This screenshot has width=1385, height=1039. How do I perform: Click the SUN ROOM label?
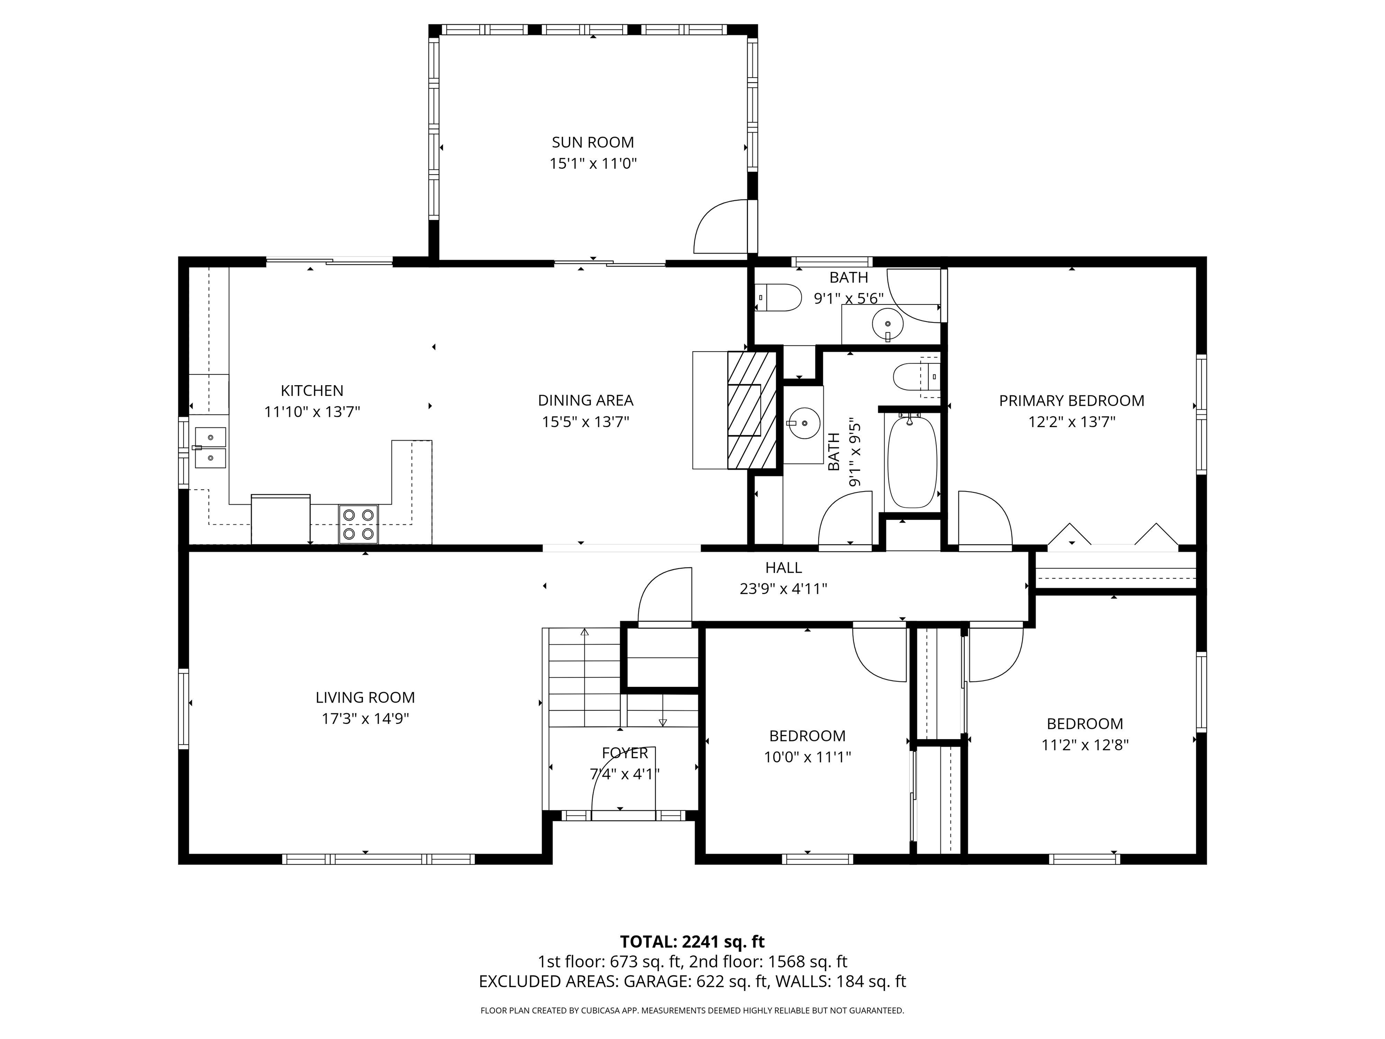592,142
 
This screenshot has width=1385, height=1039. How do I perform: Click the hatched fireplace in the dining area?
752,410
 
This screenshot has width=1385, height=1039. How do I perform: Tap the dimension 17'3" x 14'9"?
366,718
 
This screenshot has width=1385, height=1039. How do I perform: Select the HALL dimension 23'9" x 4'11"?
783,588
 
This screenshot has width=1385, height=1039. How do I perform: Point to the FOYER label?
625,753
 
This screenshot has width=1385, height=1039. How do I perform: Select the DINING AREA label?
586,400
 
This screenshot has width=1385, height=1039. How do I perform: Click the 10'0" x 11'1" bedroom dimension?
807,757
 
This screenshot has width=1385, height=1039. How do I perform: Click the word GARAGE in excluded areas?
657,981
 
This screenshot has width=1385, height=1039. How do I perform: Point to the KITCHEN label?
312,391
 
